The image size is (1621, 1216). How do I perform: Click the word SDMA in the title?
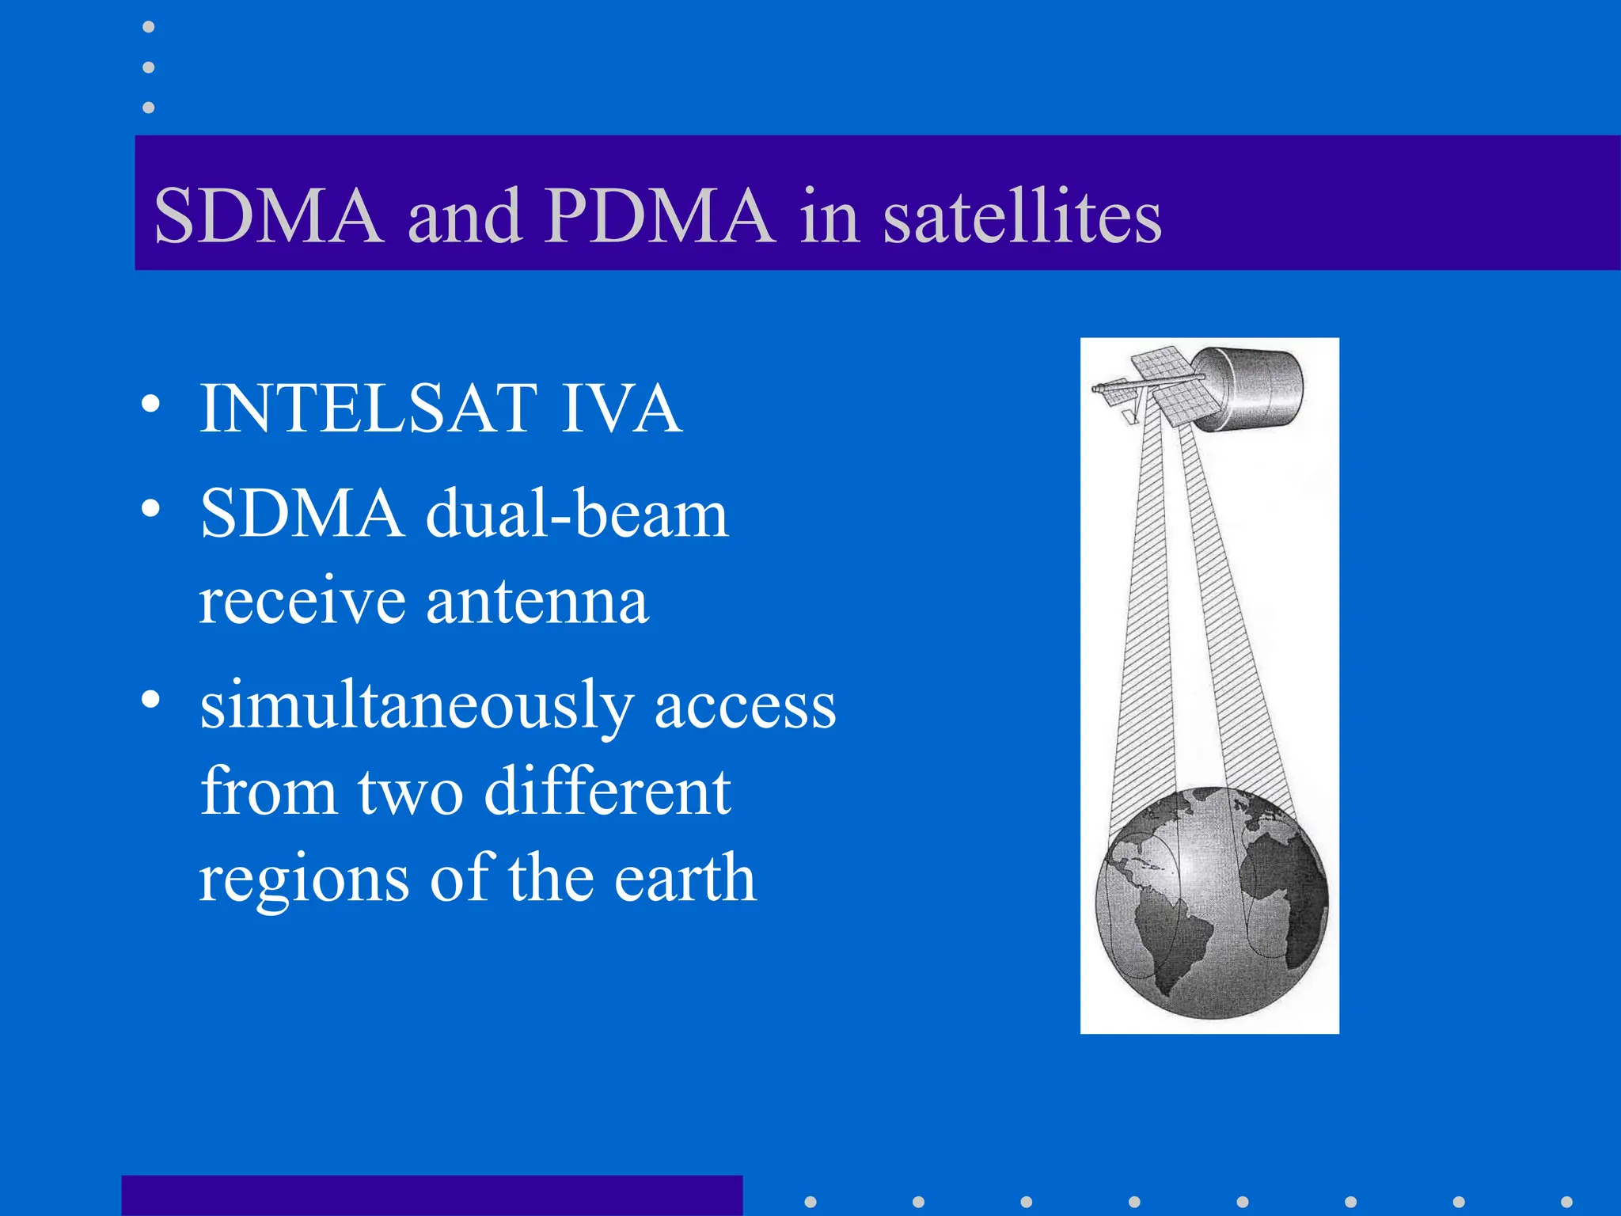click(268, 215)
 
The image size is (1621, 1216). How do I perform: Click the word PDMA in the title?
click(659, 215)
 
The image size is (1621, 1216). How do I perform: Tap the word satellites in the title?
click(1022, 215)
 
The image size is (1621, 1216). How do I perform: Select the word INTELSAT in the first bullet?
click(368, 408)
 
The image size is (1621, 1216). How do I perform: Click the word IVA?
click(621, 408)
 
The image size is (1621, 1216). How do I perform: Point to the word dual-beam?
click(576, 515)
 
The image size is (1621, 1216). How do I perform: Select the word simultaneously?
click(416, 706)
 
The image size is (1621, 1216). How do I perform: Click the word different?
click(607, 792)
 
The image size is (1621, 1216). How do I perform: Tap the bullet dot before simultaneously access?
click(150, 700)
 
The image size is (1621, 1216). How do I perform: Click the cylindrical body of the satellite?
click(1255, 388)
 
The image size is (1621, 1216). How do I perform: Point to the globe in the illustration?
click(1211, 902)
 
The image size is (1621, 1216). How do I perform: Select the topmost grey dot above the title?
click(148, 27)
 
